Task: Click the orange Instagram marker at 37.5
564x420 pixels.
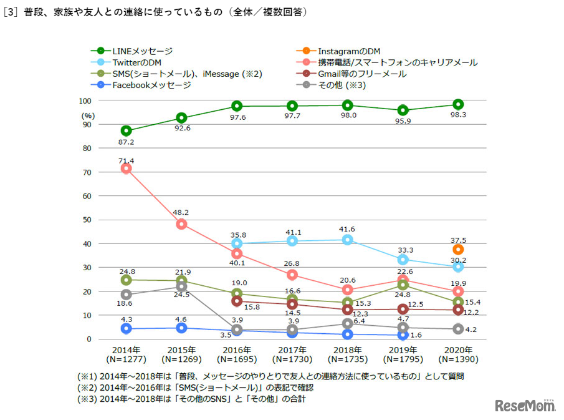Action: [458, 249]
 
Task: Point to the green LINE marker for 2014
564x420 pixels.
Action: [126, 130]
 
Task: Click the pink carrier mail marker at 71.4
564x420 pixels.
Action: [126, 168]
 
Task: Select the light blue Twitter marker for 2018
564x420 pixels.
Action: [347, 240]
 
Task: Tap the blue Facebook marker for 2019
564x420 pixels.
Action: [403, 335]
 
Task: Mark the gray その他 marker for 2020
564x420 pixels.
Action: [458, 329]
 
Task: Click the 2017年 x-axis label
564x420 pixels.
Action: [292, 349]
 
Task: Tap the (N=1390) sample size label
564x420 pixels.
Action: [458, 359]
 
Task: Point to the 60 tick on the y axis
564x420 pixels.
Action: [87, 196]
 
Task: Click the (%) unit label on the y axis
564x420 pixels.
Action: [88, 115]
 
